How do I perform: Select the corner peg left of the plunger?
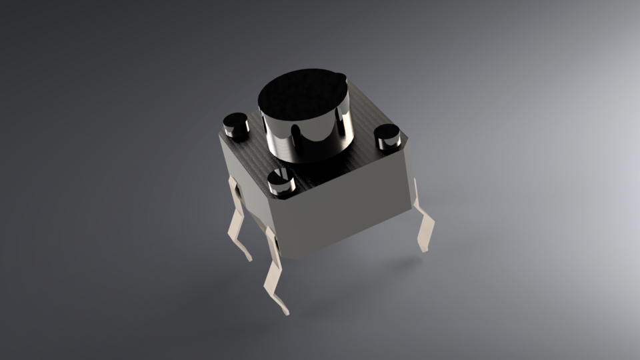235,123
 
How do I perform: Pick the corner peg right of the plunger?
387,136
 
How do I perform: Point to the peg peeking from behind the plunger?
340,78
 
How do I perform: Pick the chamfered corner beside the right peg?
402,141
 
